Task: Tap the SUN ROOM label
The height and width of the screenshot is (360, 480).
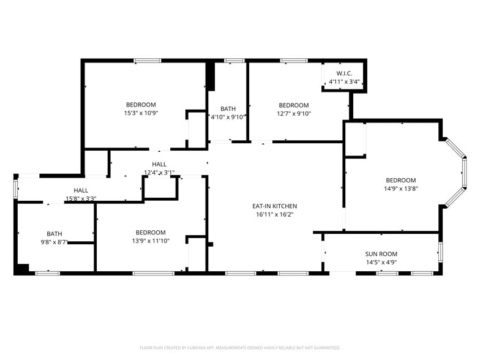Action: coord(381,254)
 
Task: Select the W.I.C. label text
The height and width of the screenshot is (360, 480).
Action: coord(343,73)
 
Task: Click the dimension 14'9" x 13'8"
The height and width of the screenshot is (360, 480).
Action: coord(400,189)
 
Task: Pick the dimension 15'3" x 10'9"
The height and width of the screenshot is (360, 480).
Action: coord(141,113)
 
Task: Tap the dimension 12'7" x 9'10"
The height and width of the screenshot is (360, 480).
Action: coord(294,113)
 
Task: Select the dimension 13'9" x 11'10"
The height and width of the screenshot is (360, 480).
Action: coord(151,241)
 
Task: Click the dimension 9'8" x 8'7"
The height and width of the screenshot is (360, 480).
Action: coord(54,242)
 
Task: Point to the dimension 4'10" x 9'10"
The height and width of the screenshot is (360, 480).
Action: coord(228,117)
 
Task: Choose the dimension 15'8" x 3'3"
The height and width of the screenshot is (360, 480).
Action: coord(81,198)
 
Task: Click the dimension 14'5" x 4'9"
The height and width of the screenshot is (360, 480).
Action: coord(381,263)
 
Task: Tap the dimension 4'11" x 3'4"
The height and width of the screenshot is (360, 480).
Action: coord(343,81)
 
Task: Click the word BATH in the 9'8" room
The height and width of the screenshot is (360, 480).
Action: coord(54,233)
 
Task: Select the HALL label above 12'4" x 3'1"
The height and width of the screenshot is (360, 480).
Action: coord(159,164)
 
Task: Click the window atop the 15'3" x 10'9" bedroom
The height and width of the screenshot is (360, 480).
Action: coord(148,61)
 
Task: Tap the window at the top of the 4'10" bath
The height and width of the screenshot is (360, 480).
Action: coord(234,61)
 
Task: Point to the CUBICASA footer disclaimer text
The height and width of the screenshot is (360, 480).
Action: coord(239,347)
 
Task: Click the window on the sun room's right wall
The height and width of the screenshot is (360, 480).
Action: coord(440,252)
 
